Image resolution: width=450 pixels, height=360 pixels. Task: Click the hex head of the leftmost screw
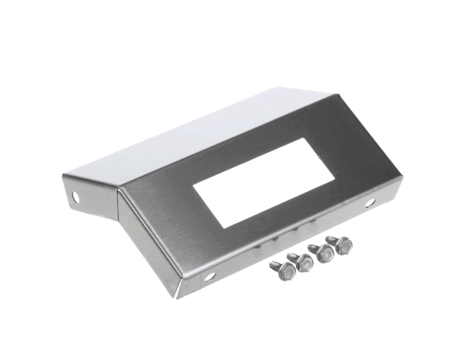pos(287,271)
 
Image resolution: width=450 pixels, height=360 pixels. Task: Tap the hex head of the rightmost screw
pos(345,246)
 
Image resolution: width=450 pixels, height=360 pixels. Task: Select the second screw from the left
pos(304,263)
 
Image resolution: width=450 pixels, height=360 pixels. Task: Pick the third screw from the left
pos(325,254)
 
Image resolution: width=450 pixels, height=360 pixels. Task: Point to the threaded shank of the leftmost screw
pos(275,265)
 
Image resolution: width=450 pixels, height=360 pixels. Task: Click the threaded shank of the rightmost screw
pos(331,239)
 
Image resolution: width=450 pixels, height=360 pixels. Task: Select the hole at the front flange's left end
pos(209,276)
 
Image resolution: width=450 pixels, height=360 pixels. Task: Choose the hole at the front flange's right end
pos(370,203)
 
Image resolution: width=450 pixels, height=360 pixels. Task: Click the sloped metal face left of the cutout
pos(161,225)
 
